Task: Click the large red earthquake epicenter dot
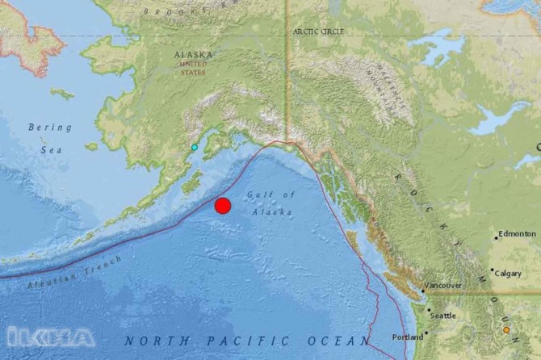223,205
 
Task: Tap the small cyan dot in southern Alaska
194,148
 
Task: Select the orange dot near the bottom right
506,330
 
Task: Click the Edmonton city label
518,234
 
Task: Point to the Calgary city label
509,274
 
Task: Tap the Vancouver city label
442,286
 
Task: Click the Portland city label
406,337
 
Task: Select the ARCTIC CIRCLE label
318,31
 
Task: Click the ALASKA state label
194,55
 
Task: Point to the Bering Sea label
49,138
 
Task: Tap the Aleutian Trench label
73,274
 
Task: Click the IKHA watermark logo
50,337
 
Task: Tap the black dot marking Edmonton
497,238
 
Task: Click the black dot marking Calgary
492,270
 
